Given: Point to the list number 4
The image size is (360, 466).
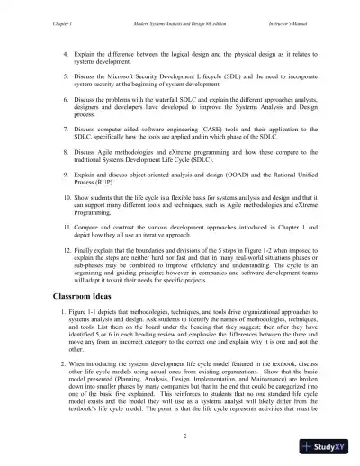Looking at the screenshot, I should pyautogui.click(x=65, y=56).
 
